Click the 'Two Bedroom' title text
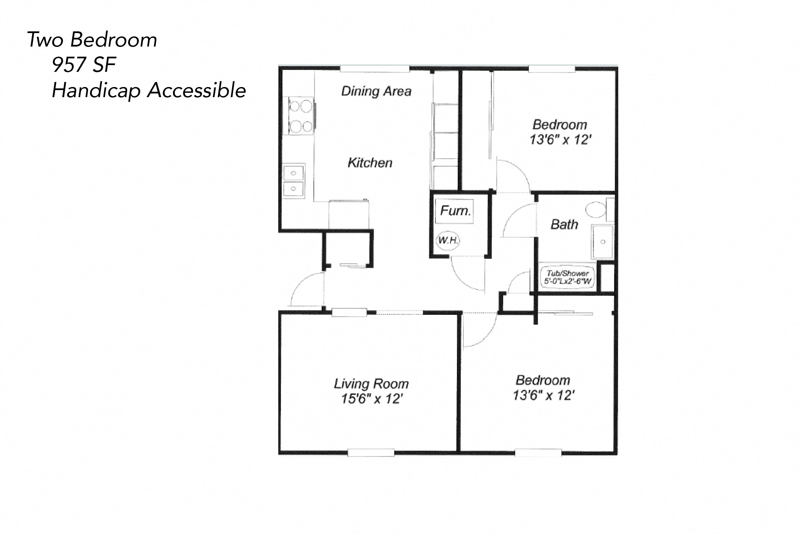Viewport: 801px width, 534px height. [x=92, y=40]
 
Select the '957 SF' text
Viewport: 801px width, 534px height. [x=84, y=65]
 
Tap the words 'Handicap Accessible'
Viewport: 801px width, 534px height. [x=149, y=91]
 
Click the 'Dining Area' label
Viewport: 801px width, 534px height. [x=376, y=91]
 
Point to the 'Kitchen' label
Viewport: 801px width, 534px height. [x=370, y=163]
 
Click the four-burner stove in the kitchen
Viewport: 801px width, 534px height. [x=63, y=116]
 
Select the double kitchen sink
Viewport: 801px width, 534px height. [x=293, y=180]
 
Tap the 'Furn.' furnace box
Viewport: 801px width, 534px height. [x=455, y=211]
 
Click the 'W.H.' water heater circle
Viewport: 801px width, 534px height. [x=448, y=241]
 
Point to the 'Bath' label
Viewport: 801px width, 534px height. [x=564, y=225]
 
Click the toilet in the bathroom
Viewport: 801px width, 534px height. [x=596, y=210]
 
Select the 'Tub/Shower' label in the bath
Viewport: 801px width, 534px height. [x=568, y=273]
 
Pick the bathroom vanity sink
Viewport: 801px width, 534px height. [x=603, y=242]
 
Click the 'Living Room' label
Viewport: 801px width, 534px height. [x=371, y=384]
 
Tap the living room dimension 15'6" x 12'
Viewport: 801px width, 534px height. [x=372, y=398]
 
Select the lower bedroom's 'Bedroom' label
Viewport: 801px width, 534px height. [x=543, y=380]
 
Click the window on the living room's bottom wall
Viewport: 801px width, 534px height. [x=371, y=453]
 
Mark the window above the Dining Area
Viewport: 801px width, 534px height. [x=374, y=69]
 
